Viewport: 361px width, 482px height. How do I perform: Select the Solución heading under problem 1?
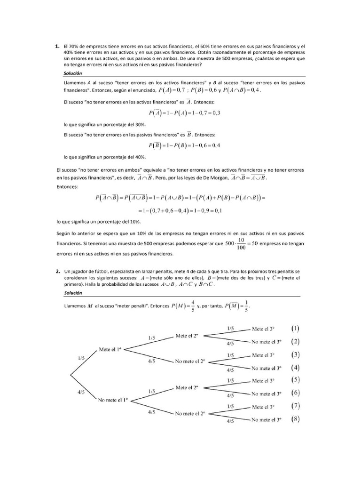click(x=72, y=73)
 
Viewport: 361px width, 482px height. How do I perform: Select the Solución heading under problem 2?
click(x=72, y=292)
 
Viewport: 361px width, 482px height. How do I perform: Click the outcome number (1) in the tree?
click(x=297, y=329)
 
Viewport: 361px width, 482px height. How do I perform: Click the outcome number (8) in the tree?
click(x=297, y=419)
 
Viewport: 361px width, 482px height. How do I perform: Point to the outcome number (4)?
click(x=297, y=368)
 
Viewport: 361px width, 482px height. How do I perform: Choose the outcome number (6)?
click(x=297, y=393)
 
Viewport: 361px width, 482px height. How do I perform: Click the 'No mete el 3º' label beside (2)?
click(x=267, y=342)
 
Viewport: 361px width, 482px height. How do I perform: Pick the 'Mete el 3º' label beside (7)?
click(x=264, y=406)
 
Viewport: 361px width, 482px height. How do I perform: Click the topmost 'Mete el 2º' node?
click(x=187, y=336)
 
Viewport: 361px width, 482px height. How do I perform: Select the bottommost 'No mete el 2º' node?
click(x=190, y=414)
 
